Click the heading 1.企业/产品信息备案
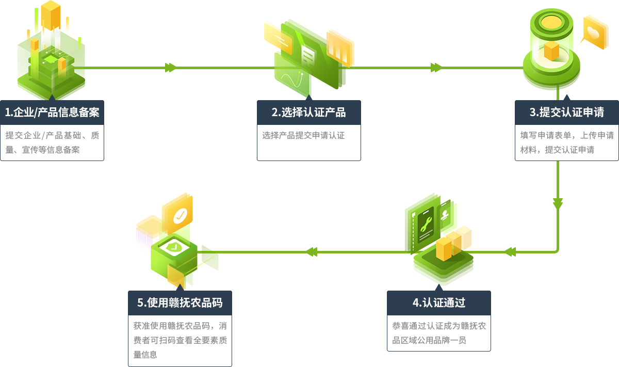(52, 112)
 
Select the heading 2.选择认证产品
(308, 112)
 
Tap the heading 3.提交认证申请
(566, 112)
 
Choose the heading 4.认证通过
(439, 302)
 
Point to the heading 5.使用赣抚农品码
(180, 302)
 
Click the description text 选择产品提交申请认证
(303, 136)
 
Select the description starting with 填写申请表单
(566, 142)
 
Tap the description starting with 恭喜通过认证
(438, 333)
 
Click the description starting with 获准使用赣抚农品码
(180, 340)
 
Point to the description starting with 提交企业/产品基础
(52, 142)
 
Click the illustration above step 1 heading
(51, 49)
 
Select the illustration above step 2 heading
(309, 58)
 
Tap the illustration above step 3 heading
(565, 49)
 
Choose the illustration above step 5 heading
(180, 240)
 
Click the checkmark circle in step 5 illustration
(180, 216)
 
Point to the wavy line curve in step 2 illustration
(290, 80)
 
